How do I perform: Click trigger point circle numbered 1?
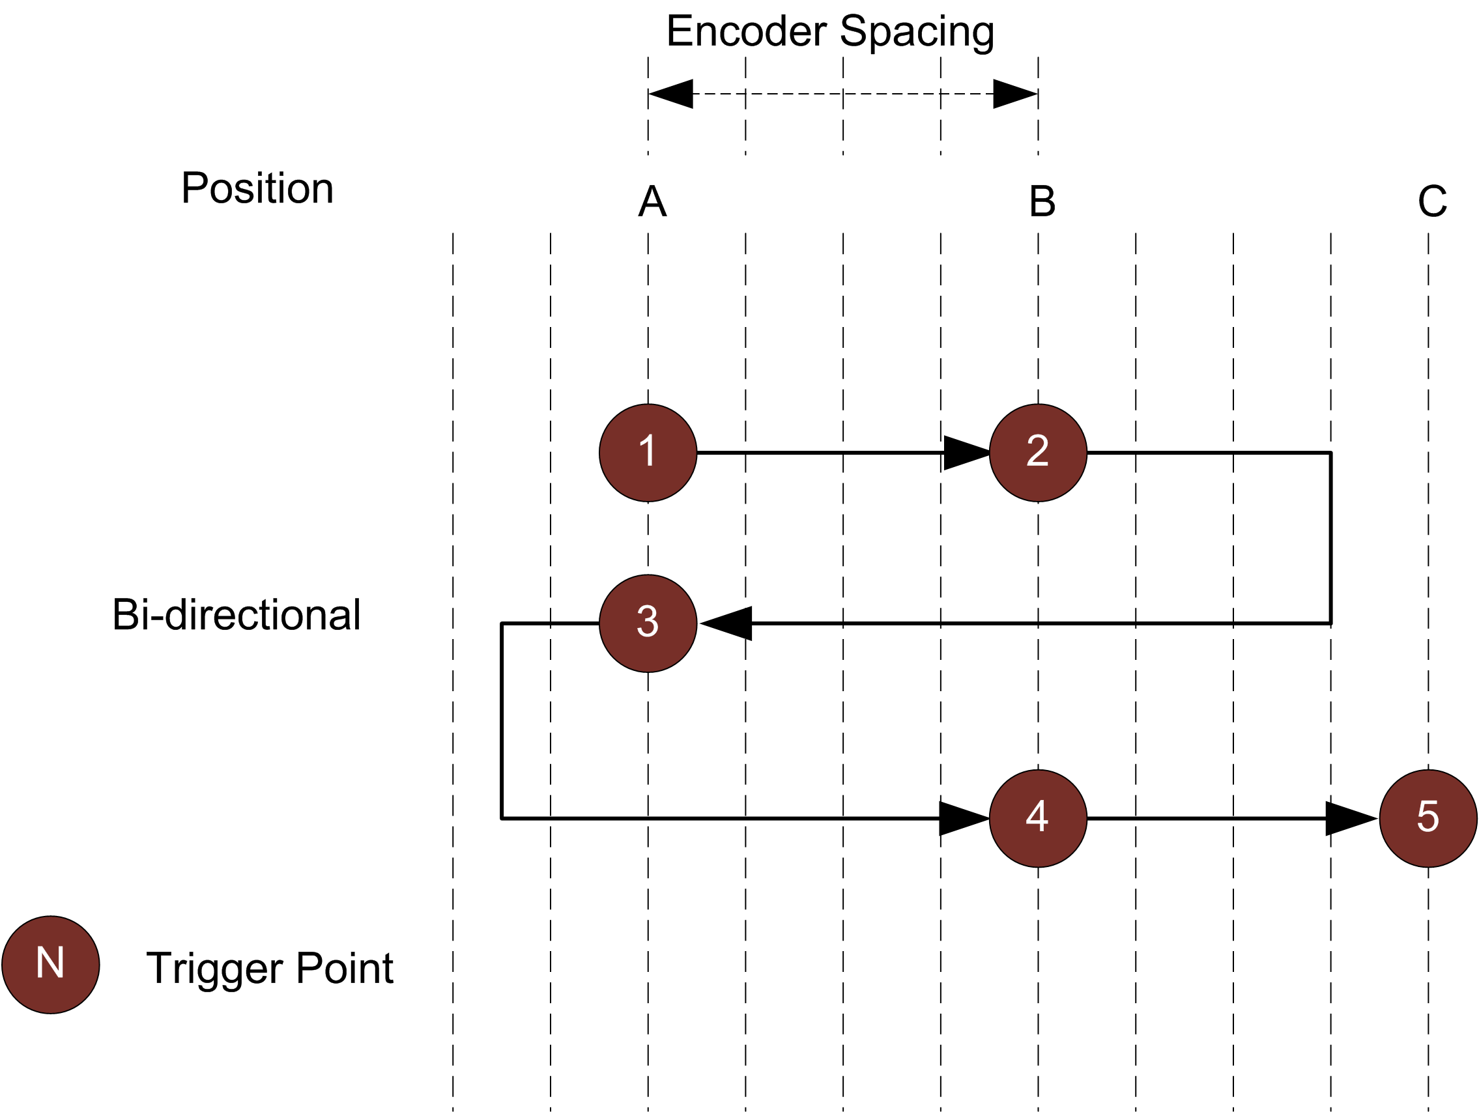pyautogui.click(x=647, y=453)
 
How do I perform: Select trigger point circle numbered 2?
pyautogui.click(x=1038, y=453)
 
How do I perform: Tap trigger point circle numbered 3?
pyautogui.click(x=647, y=623)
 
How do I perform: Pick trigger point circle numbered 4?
pyautogui.click(x=1038, y=818)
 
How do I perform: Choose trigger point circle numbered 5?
pyautogui.click(x=1428, y=818)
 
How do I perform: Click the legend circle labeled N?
pyautogui.click(x=51, y=965)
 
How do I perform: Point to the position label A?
pyautogui.click(x=652, y=201)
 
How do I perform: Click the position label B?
pyautogui.click(x=1042, y=201)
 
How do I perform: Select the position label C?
pyautogui.click(x=1432, y=201)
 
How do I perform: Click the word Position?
pyautogui.click(x=257, y=188)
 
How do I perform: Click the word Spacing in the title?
pyautogui.click(x=917, y=32)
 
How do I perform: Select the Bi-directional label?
pyautogui.click(x=236, y=614)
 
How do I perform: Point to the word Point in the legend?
pyautogui.click(x=345, y=967)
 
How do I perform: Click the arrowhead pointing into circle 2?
pyautogui.click(x=966, y=453)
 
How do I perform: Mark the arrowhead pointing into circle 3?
pyautogui.click(x=728, y=623)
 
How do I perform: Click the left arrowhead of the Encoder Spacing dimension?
pyautogui.click(x=670, y=94)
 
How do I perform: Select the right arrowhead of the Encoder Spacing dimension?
pyautogui.click(x=1014, y=94)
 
